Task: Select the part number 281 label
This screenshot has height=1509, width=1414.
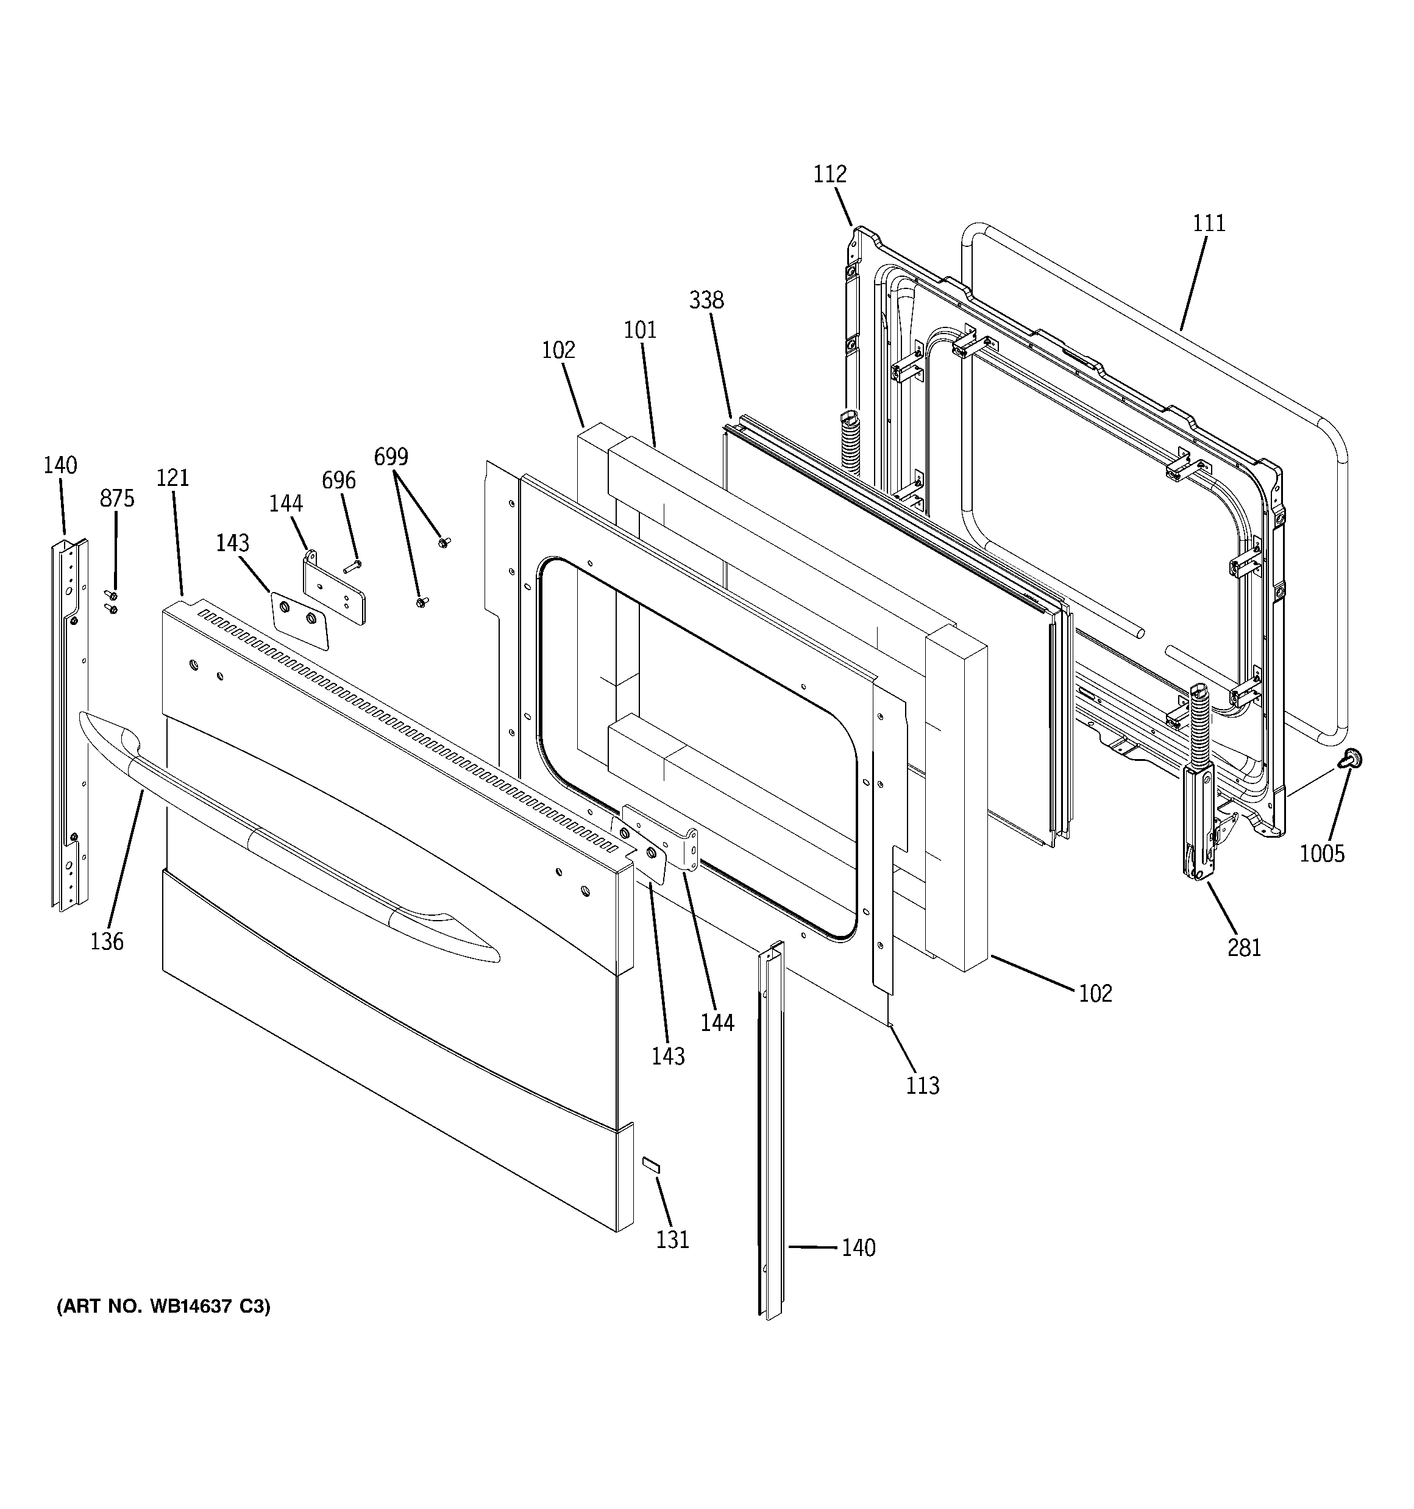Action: click(1244, 947)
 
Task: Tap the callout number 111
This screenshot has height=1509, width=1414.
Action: click(1209, 223)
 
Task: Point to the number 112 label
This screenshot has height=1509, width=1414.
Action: click(830, 174)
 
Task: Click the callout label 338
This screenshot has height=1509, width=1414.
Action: click(706, 300)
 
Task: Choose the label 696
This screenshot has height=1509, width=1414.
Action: click(338, 480)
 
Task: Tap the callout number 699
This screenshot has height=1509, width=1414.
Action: click(391, 456)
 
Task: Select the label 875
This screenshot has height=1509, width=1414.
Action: click(117, 498)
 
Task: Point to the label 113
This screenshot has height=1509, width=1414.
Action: click(922, 1085)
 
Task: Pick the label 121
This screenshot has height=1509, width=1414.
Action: click(172, 477)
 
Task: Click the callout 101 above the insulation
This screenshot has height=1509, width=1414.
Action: click(640, 330)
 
